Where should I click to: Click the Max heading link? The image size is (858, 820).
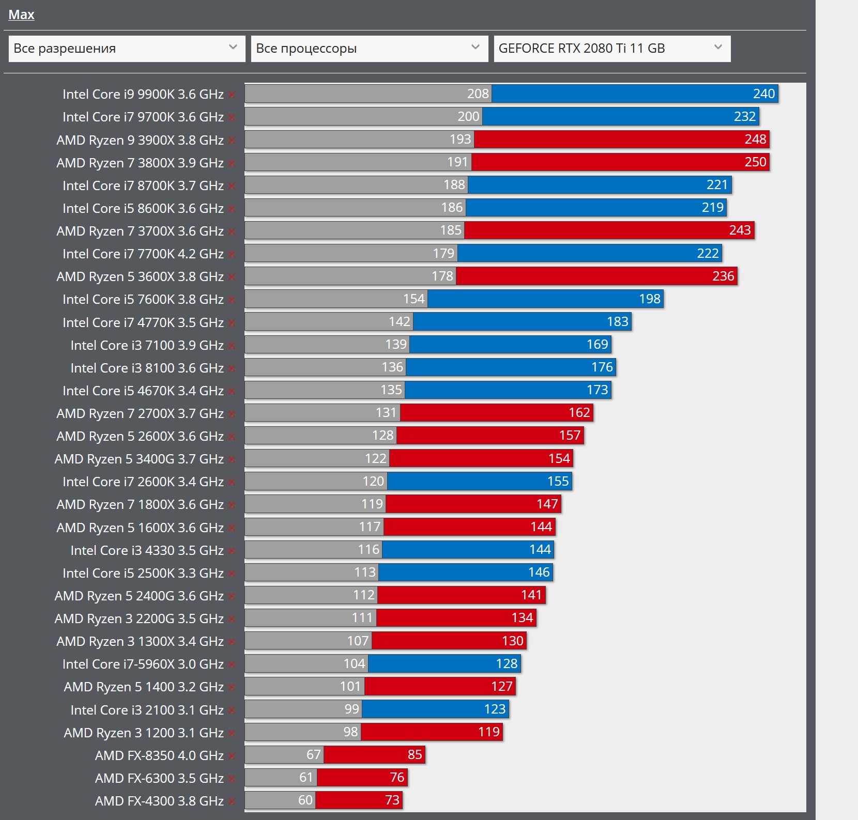click(x=21, y=14)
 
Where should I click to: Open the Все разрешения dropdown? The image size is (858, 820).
click(x=127, y=49)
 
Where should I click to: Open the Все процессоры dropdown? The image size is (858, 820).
click(x=369, y=49)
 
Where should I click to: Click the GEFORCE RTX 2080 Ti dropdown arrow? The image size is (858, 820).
click(x=718, y=48)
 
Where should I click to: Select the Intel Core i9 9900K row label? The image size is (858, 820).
click(x=143, y=94)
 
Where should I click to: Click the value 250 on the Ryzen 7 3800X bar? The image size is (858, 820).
click(x=755, y=162)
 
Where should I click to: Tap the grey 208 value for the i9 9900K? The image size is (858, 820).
click(x=478, y=94)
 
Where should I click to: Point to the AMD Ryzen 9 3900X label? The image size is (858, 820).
click(x=140, y=140)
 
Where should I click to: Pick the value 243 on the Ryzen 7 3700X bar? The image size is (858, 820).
click(x=740, y=230)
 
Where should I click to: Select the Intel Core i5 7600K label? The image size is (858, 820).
click(x=143, y=299)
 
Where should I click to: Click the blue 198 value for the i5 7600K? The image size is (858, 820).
click(x=650, y=299)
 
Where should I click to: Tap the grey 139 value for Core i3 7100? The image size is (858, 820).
click(x=396, y=345)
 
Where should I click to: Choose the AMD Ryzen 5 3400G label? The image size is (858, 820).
click(x=139, y=459)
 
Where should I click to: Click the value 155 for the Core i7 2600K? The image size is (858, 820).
click(x=558, y=482)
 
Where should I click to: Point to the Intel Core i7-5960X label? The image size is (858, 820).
click(x=143, y=664)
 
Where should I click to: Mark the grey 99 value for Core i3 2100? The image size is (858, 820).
click(x=351, y=709)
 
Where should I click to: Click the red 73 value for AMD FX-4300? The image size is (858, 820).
click(x=392, y=800)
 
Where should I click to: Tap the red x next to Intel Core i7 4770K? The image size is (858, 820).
click(x=232, y=323)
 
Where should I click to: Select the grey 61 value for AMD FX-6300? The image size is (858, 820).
click(x=306, y=778)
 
